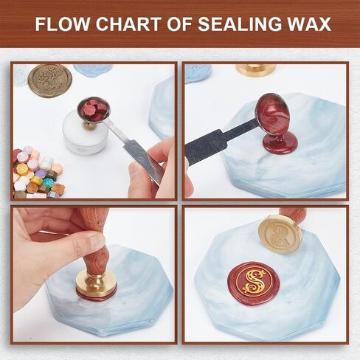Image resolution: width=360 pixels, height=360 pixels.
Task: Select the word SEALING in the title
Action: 243,24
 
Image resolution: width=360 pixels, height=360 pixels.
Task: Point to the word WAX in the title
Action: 308,24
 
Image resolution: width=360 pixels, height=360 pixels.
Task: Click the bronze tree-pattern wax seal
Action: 49,80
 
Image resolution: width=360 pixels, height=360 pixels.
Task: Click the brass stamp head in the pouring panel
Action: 255,70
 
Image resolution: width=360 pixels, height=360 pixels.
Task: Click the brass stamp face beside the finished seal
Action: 279,234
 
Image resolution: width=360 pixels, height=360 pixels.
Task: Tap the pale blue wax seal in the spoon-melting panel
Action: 93,70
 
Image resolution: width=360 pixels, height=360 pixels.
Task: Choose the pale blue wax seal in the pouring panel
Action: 197,72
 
